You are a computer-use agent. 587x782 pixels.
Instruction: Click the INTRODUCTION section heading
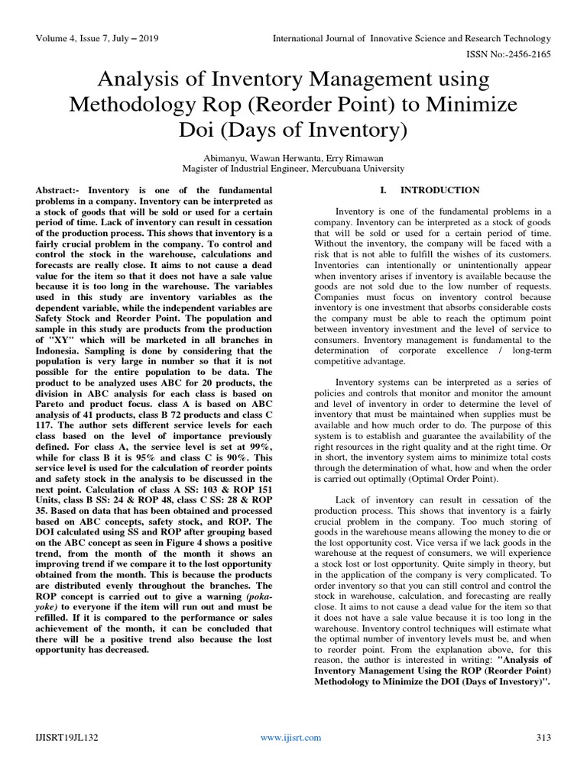pos(441,190)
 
